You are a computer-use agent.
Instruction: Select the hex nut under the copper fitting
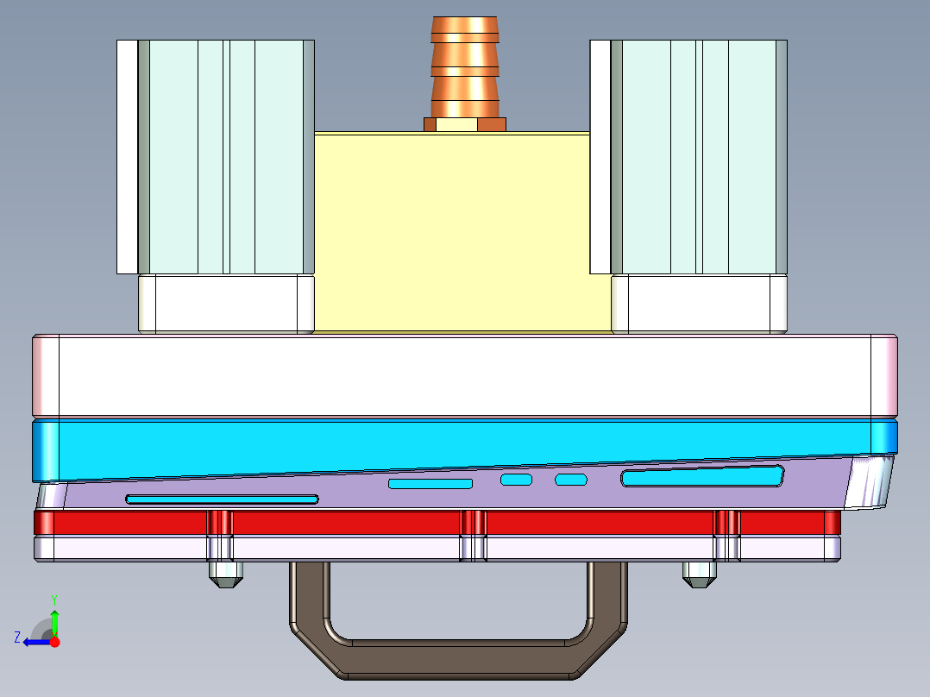click(465, 124)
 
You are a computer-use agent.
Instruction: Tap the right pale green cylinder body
click(699, 155)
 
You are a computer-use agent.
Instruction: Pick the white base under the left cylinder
click(226, 303)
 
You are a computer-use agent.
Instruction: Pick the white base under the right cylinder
click(699, 303)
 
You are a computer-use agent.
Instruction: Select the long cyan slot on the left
click(222, 499)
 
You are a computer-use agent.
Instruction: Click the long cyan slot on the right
click(701, 476)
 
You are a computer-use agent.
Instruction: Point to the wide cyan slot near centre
click(430, 483)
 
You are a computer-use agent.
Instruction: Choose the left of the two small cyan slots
click(517, 480)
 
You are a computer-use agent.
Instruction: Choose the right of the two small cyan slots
click(570, 479)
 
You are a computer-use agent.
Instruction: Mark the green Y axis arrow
click(54, 619)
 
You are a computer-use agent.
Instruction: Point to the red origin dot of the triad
click(55, 642)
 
